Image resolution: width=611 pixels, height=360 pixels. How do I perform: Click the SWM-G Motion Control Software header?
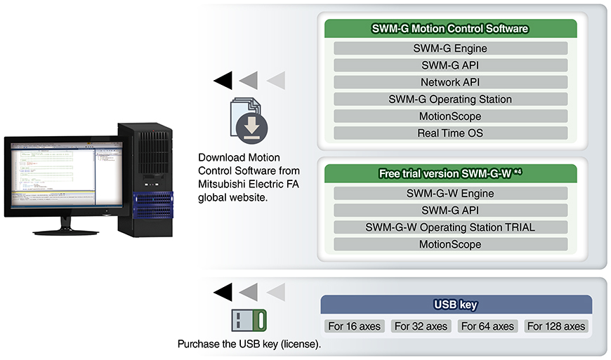pos(450,29)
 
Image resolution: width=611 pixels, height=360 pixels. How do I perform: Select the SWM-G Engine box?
pos(450,48)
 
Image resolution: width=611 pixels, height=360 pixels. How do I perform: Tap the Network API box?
pos(450,82)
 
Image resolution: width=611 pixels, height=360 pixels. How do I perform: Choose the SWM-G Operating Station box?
pos(450,99)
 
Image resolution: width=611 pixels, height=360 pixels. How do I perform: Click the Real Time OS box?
pos(450,133)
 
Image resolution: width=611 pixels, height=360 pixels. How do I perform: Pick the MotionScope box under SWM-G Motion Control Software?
pos(450,116)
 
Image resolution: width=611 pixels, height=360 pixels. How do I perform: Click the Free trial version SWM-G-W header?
pos(450,173)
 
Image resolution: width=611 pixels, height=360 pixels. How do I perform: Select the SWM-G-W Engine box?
pos(450,194)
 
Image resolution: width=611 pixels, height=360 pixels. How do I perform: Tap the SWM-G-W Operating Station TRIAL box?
pos(450,227)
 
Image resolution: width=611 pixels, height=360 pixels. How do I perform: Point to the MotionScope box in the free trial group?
pos(450,244)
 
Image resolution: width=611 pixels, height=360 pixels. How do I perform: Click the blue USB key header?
pos(456,305)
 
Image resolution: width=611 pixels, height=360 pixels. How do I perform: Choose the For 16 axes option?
pos(355,326)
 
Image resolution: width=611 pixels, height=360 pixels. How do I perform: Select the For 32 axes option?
pos(421,326)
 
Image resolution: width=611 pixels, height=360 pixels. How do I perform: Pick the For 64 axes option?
pos(487,326)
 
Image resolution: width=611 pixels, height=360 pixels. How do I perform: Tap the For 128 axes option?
pos(556,326)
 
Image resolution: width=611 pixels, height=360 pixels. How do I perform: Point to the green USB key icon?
pos(249,321)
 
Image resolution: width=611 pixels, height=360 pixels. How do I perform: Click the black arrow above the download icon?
pos(223,81)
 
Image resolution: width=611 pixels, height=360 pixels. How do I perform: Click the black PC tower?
pos(145,179)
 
